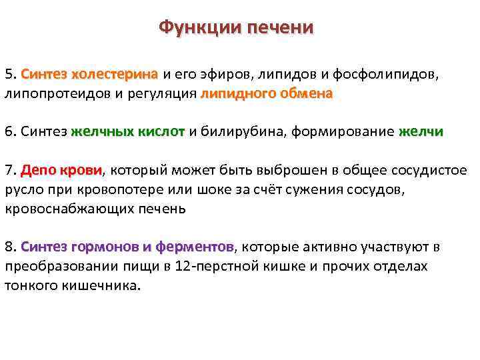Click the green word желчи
pos(421,131)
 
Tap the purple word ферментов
pos(195,247)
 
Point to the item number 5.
pos(9,73)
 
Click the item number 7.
pos(9,169)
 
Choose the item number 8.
pos(9,247)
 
